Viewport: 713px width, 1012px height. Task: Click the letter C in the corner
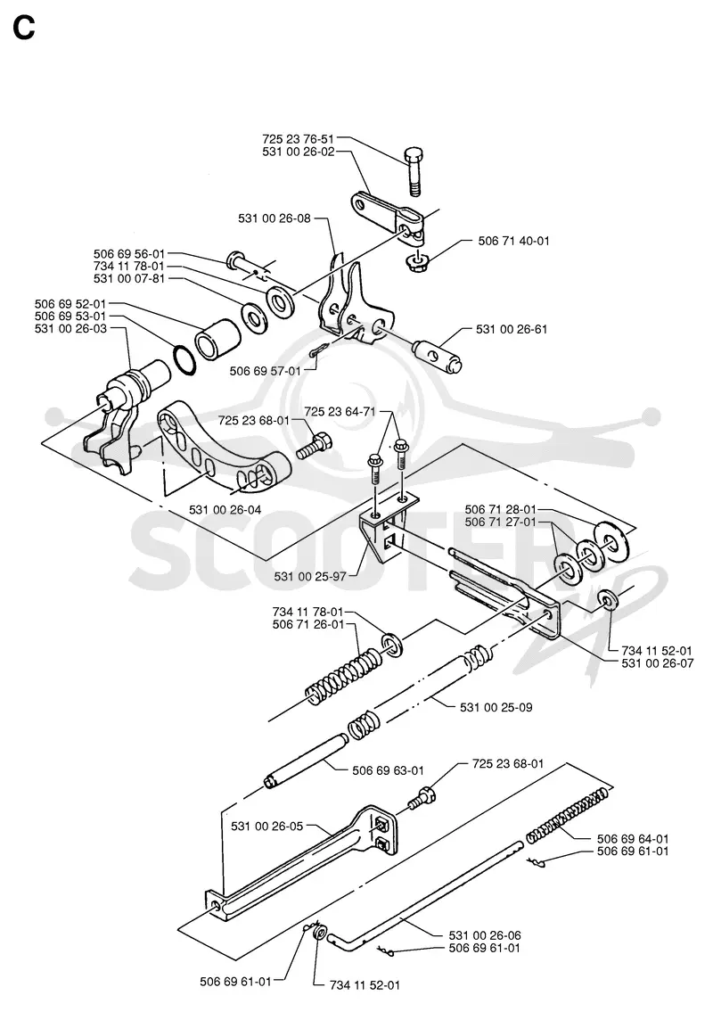tap(24, 28)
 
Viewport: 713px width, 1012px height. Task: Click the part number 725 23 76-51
tap(299, 139)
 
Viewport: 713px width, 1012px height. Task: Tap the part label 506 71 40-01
tap(513, 241)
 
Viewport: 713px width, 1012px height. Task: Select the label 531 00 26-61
tap(512, 329)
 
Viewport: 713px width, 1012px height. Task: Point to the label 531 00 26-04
tap(225, 510)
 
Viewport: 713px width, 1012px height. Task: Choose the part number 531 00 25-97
tap(310, 576)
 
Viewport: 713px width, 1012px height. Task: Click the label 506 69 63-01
tap(389, 770)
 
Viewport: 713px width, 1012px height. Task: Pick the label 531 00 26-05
tap(267, 827)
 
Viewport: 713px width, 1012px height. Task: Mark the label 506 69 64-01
tap(633, 839)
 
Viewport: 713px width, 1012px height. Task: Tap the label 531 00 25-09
tap(496, 707)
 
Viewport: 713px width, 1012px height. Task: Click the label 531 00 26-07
tap(658, 663)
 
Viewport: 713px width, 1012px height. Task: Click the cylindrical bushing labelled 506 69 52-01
tap(218, 338)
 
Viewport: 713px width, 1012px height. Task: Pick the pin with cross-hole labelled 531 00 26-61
tap(437, 354)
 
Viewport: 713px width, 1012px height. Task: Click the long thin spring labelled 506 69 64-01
tap(567, 815)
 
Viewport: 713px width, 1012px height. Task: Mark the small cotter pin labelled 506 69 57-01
tap(321, 349)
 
